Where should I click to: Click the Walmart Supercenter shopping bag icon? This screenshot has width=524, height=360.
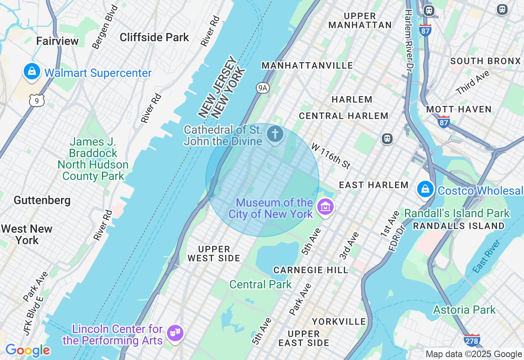click(x=32, y=72)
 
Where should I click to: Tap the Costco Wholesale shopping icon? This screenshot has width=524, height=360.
click(x=425, y=189)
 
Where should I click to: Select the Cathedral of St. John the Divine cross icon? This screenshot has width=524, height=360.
click(x=275, y=133)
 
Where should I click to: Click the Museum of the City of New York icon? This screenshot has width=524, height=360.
click(x=325, y=207)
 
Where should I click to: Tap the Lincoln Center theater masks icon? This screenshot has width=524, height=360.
click(x=175, y=333)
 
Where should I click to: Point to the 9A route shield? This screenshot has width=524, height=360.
click(x=262, y=88)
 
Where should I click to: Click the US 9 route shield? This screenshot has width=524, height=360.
click(x=37, y=100)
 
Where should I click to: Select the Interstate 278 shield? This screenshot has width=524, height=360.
click(x=472, y=340)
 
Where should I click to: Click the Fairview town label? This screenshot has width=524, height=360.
click(x=57, y=41)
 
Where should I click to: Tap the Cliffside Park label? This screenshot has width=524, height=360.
click(x=154, y=37)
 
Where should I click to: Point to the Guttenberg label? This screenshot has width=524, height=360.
click(x=42, y=200)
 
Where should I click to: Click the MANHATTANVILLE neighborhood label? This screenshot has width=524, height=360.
click(x=307, y=65)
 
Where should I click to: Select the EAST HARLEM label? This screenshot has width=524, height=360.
click(x=373, y=185)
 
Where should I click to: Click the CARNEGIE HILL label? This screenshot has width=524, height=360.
click(x=311, y=270)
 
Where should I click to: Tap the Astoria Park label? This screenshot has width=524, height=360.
click(x=464, y=310)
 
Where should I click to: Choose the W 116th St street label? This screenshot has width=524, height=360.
click(x=331, y=155)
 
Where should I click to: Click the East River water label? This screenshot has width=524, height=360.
click(x=486, y=257)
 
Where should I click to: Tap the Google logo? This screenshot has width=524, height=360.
click(x=27, y=350)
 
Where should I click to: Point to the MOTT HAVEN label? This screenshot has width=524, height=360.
click(x=458, y=109)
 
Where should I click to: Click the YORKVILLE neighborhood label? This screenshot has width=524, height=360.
click(x=339, y=321)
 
